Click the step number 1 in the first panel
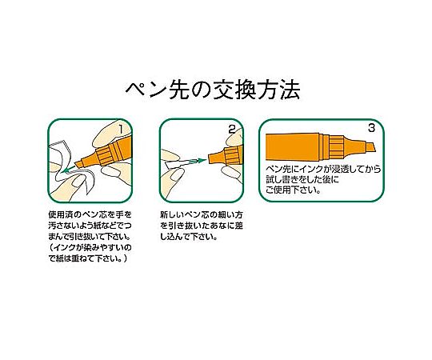tap(121, 129)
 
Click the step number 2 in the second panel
tap(232, 129)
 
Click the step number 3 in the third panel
tap(371, 128)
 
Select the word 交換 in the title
tap(234, 90)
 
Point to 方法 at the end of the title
tap(279, 90)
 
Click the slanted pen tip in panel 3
tap(370, 148)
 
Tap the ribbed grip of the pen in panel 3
tap(336, 147)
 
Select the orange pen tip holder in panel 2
tap(225, 156)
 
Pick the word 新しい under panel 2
tap(172, 214)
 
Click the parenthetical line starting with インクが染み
tap(90, 247)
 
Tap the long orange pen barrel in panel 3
tap(293, 147)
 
